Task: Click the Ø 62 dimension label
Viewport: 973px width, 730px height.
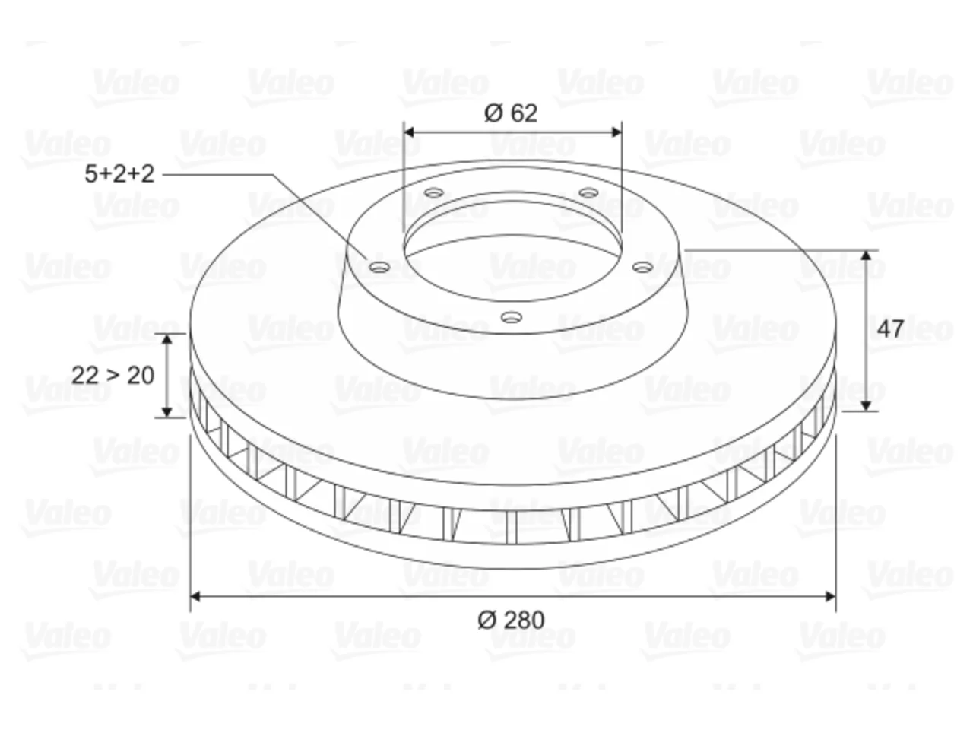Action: point(511,113)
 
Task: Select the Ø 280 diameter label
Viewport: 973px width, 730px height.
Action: point(511,620)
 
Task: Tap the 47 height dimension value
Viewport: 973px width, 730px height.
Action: point(890,328)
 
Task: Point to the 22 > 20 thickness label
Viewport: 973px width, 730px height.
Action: point(113,376)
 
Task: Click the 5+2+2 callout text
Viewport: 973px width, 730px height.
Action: point(119,173)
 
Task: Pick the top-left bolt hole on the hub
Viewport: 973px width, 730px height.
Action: point(434,193)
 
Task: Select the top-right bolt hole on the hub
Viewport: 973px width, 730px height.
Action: point(589,193)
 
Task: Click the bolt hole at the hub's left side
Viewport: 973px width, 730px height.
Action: point(380,267)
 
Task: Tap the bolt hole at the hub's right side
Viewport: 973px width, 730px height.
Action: point(643,267)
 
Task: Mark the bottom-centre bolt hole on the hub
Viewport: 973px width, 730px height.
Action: point(512,317)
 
